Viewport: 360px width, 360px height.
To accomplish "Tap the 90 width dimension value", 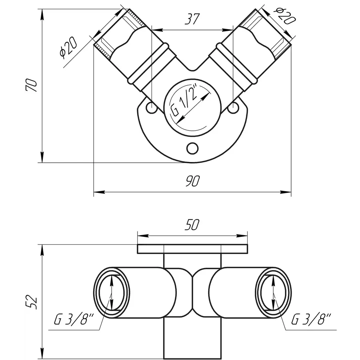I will tap(192, 182).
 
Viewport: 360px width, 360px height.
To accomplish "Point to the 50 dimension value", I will tap(192, 225).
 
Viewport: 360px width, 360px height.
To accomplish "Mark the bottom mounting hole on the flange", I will tap(192, 148).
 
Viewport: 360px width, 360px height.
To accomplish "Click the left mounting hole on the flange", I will tap(151, 107).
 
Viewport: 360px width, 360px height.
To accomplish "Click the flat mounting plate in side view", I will tap(192, 249).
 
